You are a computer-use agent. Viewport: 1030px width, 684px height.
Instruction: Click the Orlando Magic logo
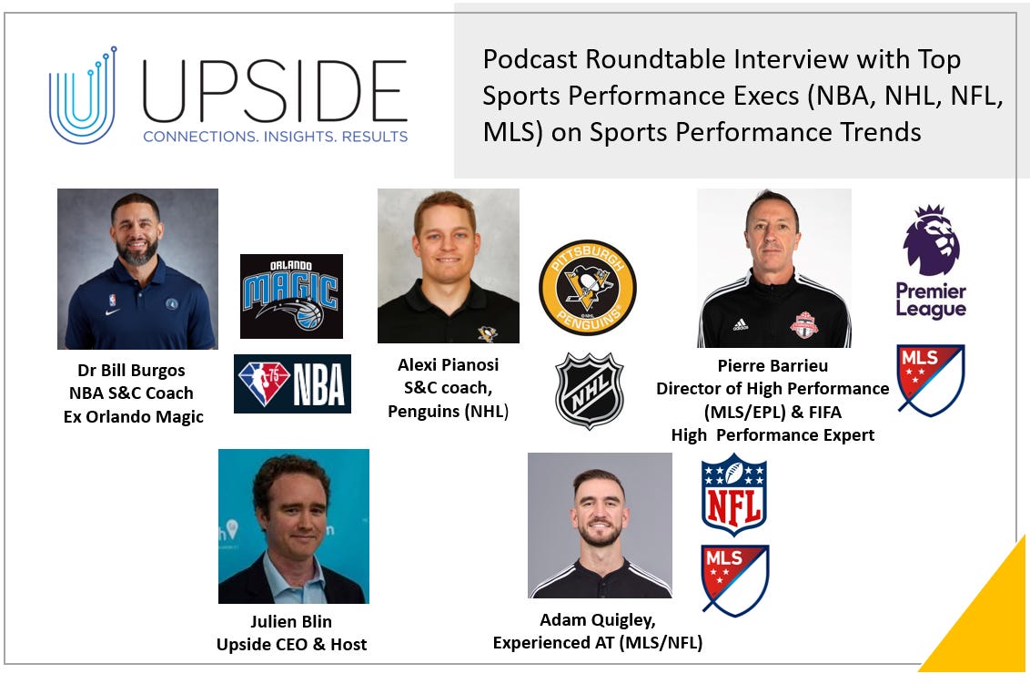(x=291, y=296)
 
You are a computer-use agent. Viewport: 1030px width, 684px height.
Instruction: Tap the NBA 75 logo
(x=292, y=383)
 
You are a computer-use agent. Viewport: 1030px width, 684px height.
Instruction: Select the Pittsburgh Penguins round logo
(x=587, y=288)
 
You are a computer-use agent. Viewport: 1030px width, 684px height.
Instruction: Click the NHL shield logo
(x=590, y=391)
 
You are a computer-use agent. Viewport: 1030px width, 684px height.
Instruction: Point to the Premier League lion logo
(x=931, y=260)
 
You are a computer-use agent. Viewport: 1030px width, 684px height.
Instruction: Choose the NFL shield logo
(x=734, y=494)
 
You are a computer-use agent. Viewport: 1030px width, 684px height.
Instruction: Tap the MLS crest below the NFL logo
(x=734, y=580)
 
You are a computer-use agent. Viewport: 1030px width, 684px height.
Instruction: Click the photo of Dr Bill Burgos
(x=137, y=269)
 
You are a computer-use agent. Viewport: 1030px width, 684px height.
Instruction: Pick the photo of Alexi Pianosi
(x=448, y=266)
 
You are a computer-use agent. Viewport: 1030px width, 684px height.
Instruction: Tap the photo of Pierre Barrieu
(x=773, y=268)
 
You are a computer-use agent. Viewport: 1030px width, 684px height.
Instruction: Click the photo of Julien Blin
(x=293, y=526)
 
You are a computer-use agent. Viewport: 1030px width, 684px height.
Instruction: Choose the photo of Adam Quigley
(x=600, y=526)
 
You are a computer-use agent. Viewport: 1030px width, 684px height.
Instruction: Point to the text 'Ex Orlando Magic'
(x=134, y=416)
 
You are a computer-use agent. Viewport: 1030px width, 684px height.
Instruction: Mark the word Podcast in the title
(x=526, y=60)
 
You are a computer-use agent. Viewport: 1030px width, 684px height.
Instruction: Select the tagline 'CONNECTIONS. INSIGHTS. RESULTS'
(x=274, y=136)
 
